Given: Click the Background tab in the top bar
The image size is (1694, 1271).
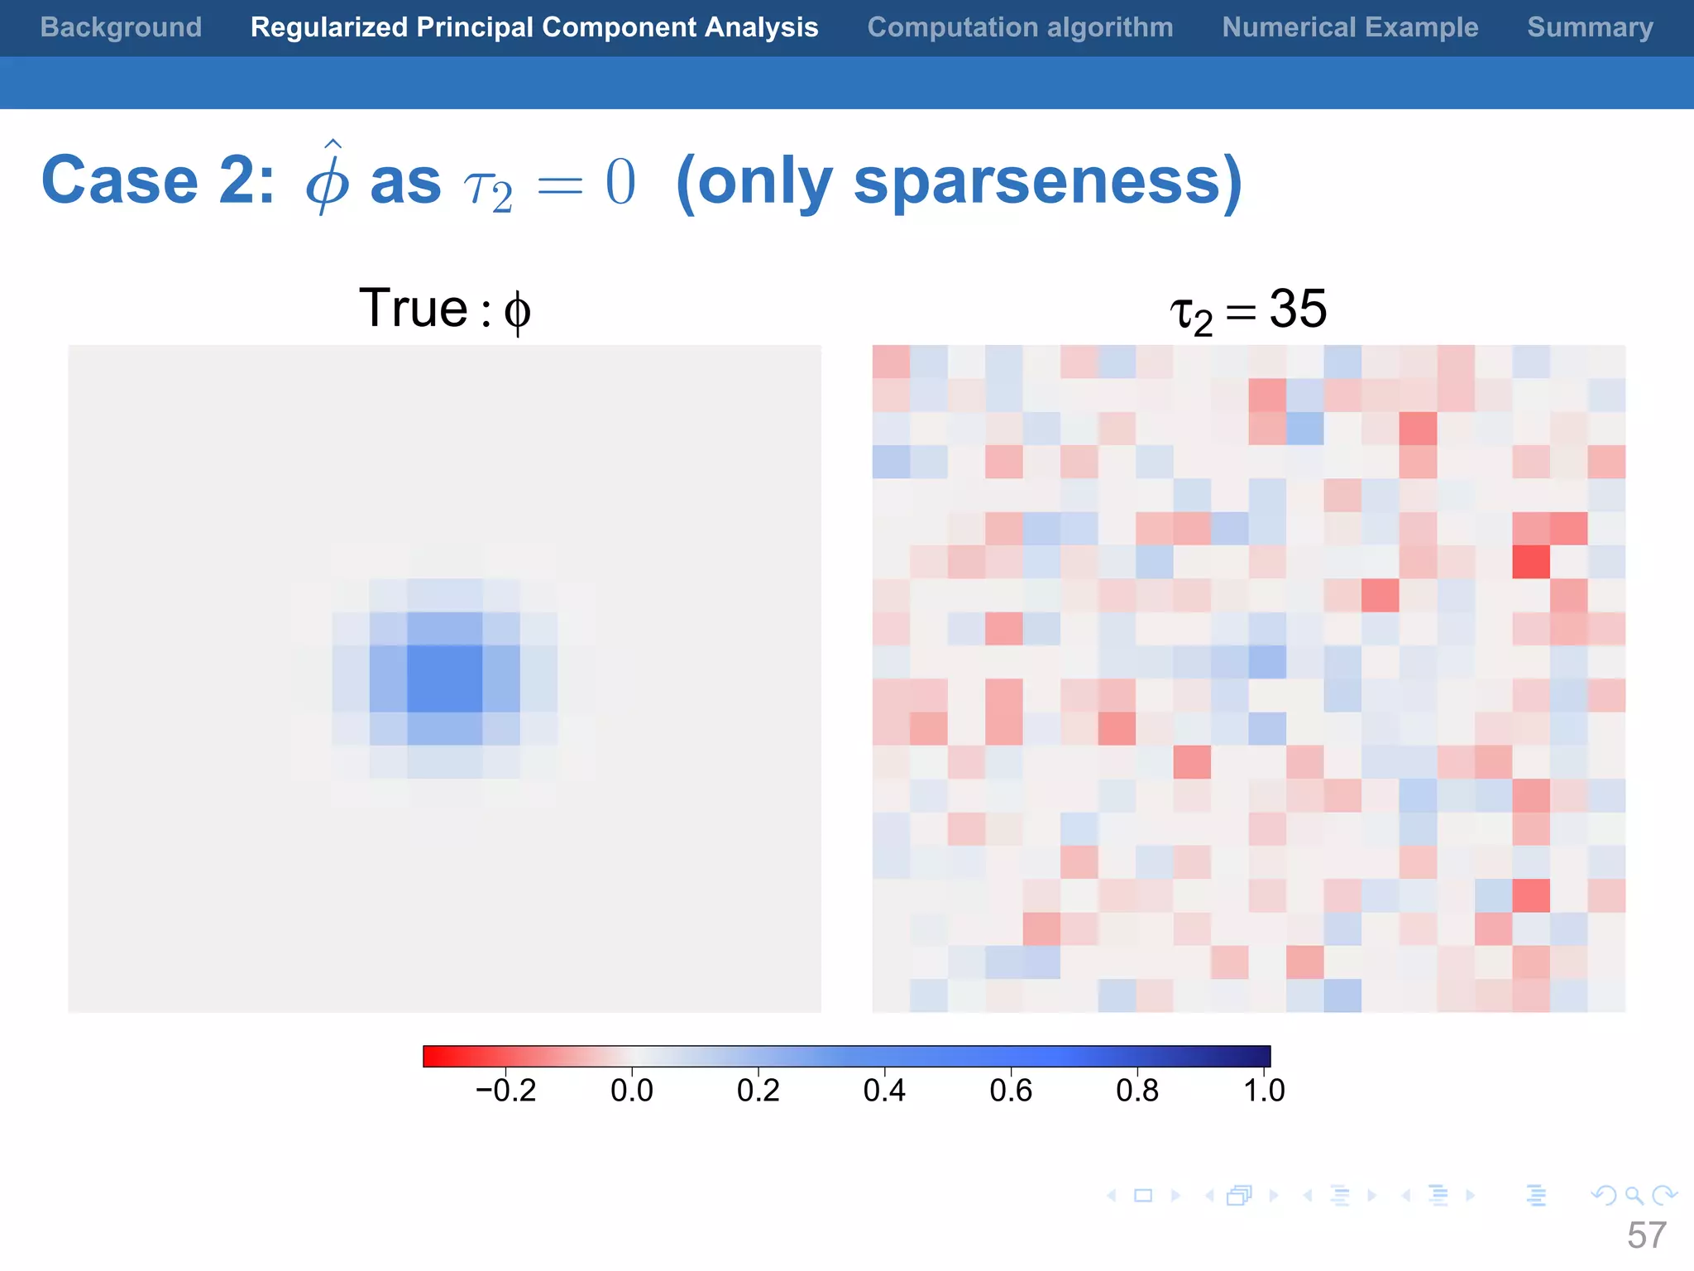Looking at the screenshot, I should [x=121, y=27].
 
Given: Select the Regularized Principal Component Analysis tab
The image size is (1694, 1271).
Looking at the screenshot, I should [x=534, y=27].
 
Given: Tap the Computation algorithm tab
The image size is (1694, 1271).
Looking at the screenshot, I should [x=1020, y=27].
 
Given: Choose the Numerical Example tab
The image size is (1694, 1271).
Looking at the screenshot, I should [x=1350, y=27].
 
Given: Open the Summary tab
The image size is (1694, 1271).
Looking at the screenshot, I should [x=1590, y=27].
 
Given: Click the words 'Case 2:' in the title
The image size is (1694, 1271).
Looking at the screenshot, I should [x=158, y=180].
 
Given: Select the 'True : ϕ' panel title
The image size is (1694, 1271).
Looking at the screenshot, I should [x=445, y=309].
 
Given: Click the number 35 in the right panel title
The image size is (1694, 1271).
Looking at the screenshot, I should [x=1297, y=309].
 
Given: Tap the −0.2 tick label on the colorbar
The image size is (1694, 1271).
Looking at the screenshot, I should [x=505, y=1091].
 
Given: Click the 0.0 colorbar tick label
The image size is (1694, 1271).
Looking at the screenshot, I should [x=632, y=1091].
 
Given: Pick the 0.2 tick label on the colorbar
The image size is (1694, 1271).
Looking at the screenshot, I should [x=758, y=1091].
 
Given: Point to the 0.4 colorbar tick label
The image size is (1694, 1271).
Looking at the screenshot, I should [x=884, y=1091].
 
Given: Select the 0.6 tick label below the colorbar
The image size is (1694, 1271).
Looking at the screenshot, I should [x=1011, y=1091].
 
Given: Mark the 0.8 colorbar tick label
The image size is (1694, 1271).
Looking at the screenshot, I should [x=1137, y=1091].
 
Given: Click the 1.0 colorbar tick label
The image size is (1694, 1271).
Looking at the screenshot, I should [x=1264, y=1091].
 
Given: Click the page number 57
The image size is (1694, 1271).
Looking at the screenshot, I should [x=1646, y=1235].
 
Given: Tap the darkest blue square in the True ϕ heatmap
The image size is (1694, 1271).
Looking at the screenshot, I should [x=445, y=679].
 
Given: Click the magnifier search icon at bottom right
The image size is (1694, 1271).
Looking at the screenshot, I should [x=1634, y=1196].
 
